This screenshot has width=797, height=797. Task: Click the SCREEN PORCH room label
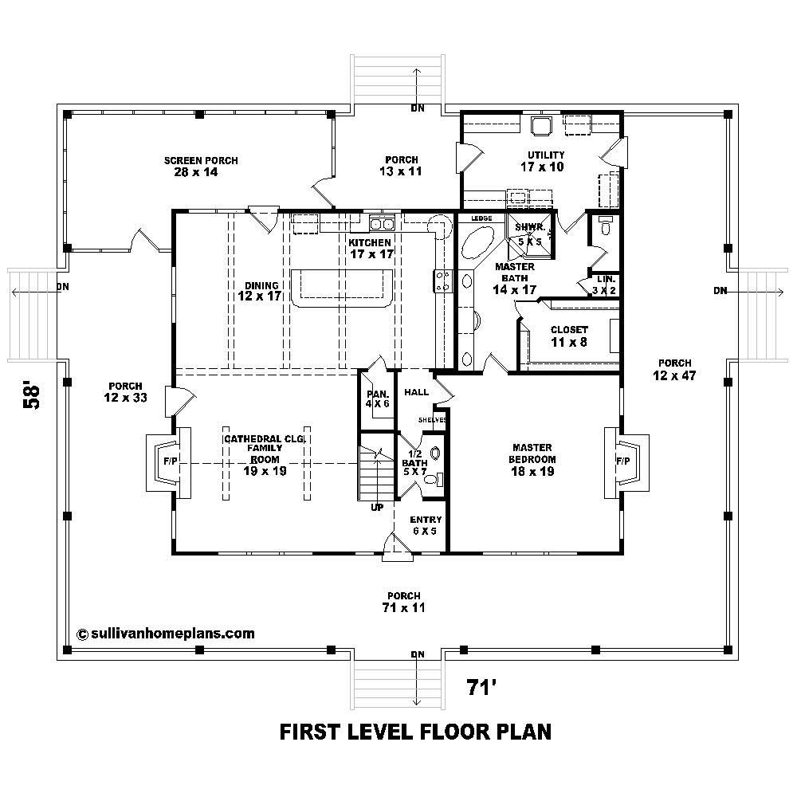click(201, 166)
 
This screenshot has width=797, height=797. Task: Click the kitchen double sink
click(382, 223)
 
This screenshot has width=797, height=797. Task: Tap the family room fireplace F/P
click(169, 461)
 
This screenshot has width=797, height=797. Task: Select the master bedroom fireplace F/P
click(622, 461)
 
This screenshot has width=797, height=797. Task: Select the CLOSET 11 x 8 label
click(569, 335)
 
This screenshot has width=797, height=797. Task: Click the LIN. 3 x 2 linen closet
click(603, 285)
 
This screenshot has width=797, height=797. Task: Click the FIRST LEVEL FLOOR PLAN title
click(415, 731)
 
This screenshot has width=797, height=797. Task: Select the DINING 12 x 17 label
click(260, 291)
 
